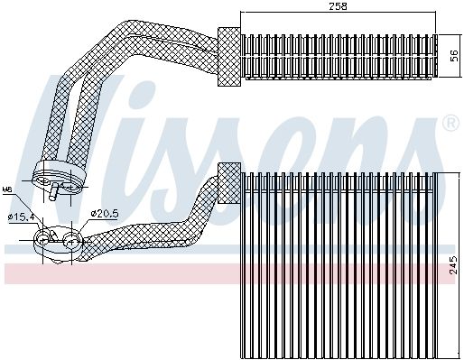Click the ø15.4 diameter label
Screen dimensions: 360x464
[20, 217]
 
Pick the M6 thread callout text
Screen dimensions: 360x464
[7, 189]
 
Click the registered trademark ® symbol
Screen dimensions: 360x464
[448, 121]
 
